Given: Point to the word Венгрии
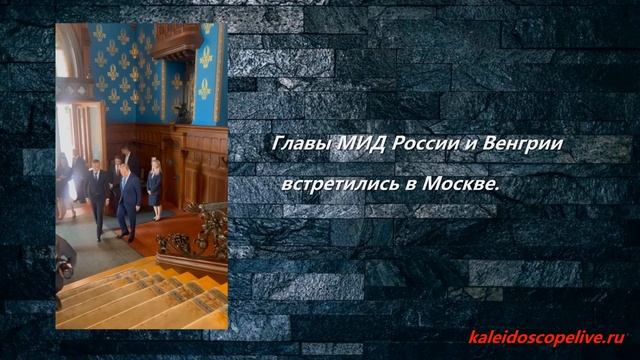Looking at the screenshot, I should point(524,146).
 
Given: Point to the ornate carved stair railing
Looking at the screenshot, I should point(206,235).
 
